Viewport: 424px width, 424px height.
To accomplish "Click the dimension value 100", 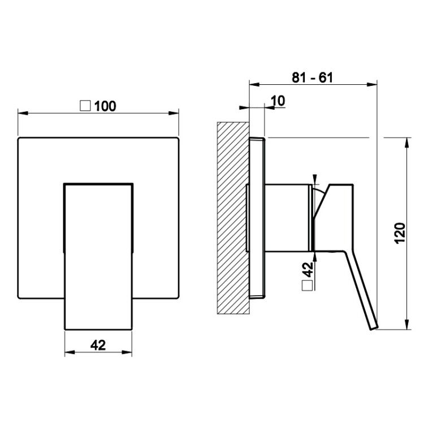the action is click(105, 106).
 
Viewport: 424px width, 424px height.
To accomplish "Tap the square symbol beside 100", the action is click(85, 106).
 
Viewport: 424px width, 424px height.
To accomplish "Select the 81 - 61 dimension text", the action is click(312, 77).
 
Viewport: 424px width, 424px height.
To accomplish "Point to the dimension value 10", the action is click(278, 101).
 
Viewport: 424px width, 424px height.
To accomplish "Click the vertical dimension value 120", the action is click(400, 233).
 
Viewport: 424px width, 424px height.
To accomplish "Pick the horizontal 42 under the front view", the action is click(98, 345).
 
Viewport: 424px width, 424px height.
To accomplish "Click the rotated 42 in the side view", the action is click(308, 270).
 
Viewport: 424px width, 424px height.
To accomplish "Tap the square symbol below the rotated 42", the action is click(308, 285).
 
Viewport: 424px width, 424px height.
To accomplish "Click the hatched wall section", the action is click(233, 218).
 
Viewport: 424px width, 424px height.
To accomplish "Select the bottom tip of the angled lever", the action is click(374, 328).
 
